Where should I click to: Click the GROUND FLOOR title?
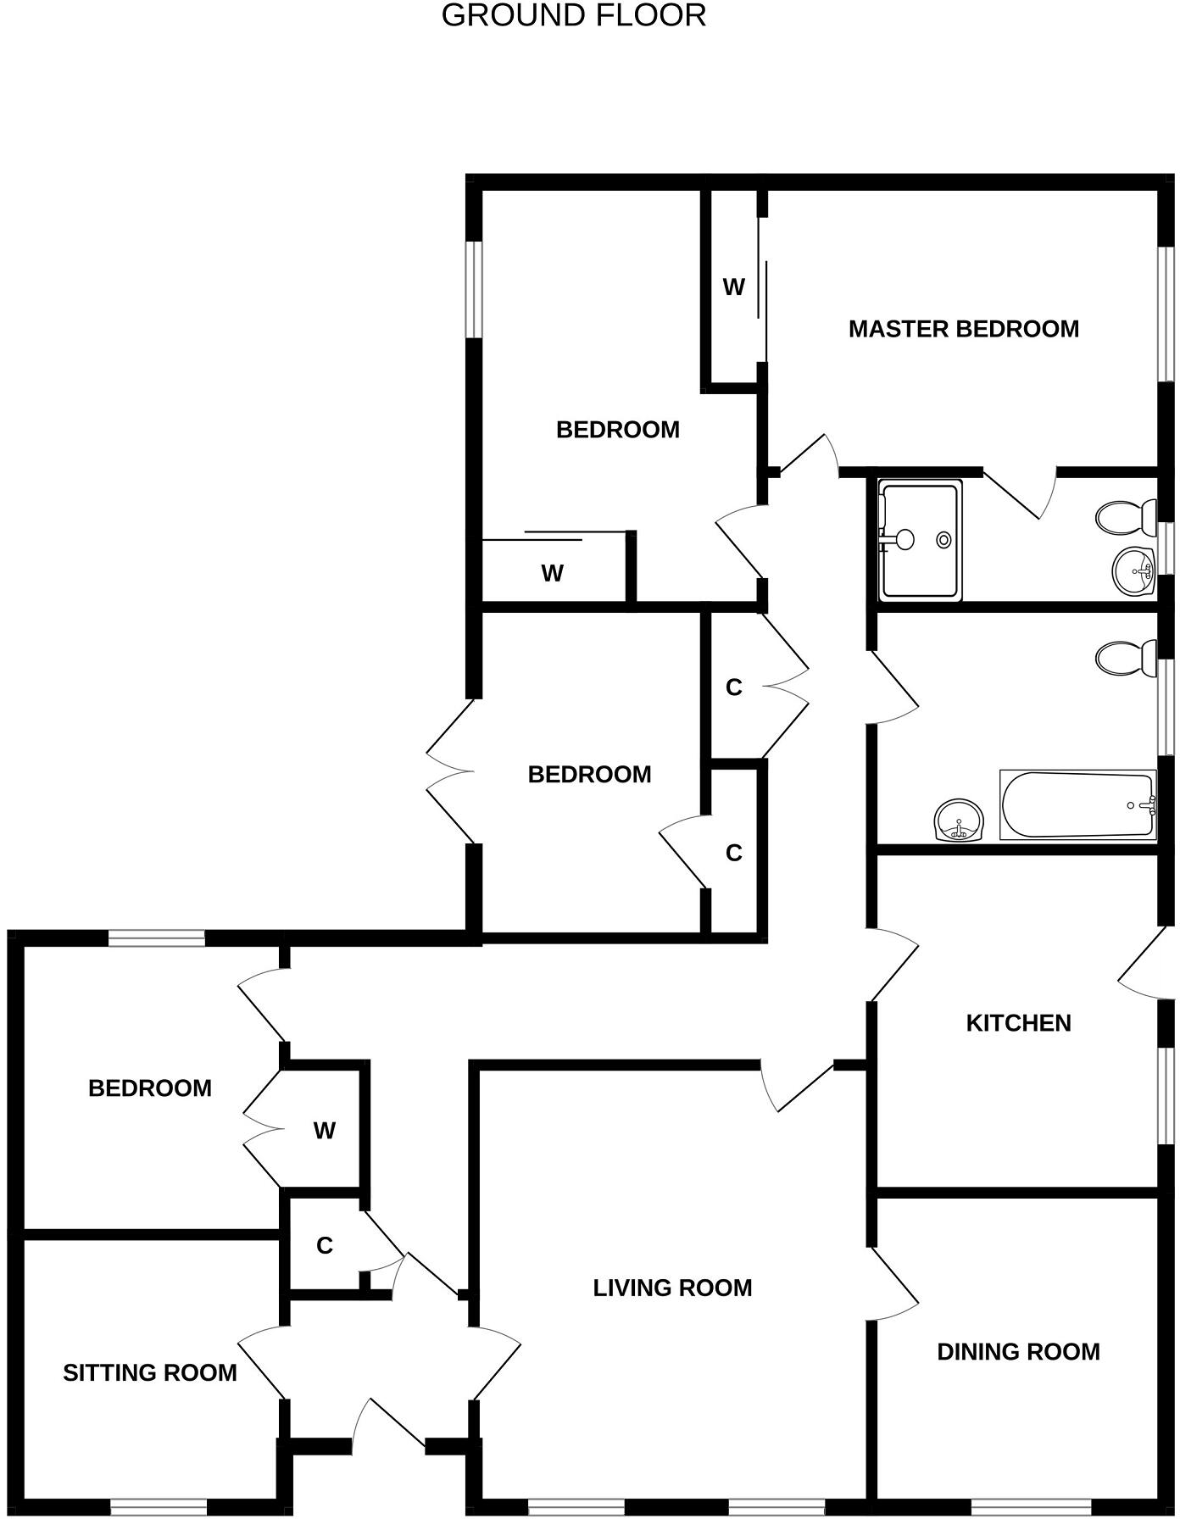tap(574, 15)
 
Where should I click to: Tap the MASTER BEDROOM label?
tap(963, 329)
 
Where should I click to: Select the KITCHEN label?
tap(1018, 1023)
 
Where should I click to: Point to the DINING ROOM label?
tap(1018, 1351)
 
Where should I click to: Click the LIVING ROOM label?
tap(672, 1288)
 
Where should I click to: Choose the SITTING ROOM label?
tap(150, 1372)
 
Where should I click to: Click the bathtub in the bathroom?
tap(1077, 805)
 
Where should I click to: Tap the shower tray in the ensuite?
tap(920, 540)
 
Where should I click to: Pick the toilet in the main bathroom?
tap(1127, 658)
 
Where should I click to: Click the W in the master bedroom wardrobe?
tap(733, 287)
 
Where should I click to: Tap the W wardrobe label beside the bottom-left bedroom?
tap(324, 1130)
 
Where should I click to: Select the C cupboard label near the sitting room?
tap(324, 1245)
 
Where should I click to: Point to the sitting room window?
tap(159, 1508)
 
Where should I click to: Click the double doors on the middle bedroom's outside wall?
tap(449, 771)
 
